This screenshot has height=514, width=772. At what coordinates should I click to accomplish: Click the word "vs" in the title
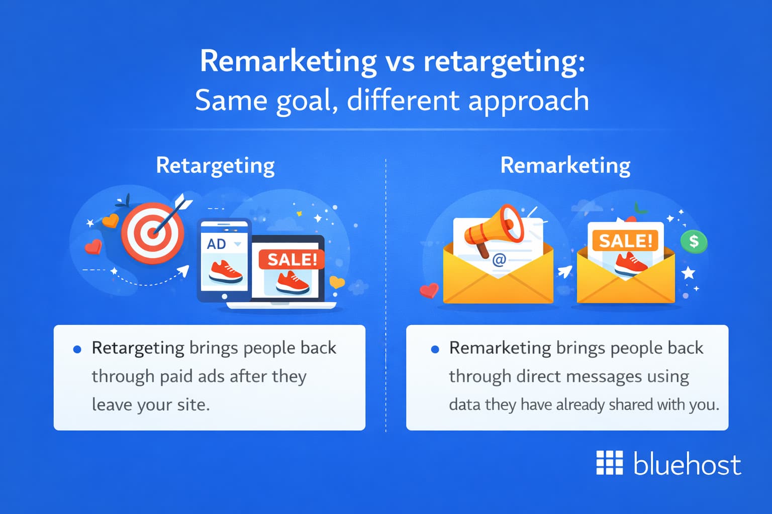tap(400, 62)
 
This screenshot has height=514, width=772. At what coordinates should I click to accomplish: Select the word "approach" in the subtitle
tap(528, 100)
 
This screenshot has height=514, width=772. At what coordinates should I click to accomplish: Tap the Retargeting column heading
tap(215, 165)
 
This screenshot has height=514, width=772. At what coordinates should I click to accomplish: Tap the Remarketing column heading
tap(565, 165)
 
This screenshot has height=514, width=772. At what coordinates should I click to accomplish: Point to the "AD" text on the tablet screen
tap(217, 244)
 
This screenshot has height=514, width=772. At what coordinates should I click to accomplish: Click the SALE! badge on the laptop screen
tap(292, 260)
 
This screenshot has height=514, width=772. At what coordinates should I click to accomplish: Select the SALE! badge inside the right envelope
tap(625, 241)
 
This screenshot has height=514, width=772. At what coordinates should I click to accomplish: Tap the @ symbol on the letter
tap(499, 260)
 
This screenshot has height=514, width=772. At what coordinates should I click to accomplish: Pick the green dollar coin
tap(694, 241)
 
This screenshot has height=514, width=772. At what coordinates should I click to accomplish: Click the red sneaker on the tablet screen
tap(225, 272)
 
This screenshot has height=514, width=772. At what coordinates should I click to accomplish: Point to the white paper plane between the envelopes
tap(564, 272)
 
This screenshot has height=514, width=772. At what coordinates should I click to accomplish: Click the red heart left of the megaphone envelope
tap(429, 291)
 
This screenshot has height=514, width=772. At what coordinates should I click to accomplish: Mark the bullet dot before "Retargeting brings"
tap(77, 349)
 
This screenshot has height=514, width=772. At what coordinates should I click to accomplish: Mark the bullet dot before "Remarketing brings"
tap(435, 349)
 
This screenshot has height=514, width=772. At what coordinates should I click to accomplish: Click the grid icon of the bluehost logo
tap(609, 462)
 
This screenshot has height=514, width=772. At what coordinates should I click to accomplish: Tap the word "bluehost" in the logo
tap(687, 464)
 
